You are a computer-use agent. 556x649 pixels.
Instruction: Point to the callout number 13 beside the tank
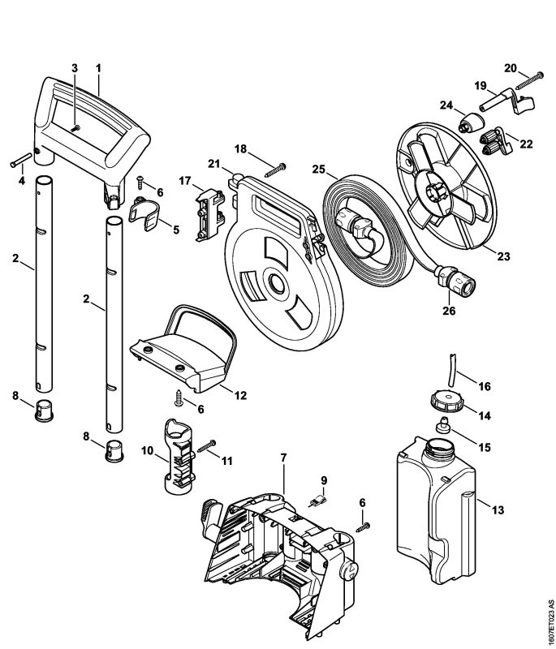pyautogui.click(x=498, y=509)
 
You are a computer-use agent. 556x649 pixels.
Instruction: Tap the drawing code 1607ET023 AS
pyautogui.click(x=549, y=620)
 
